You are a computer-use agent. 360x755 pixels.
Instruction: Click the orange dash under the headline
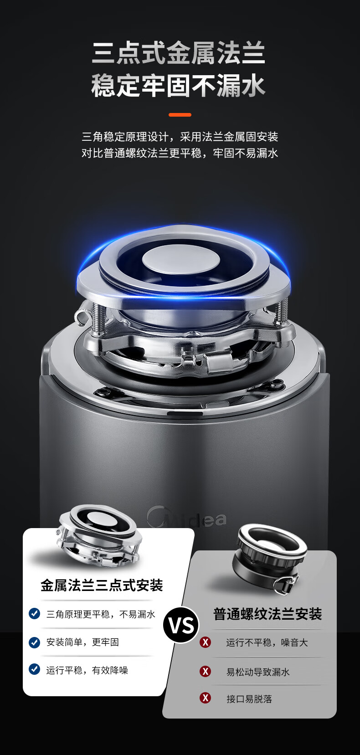[180, 115]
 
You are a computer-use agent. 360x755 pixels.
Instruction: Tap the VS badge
[181, 625]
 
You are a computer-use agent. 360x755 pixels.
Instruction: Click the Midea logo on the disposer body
[186, 518]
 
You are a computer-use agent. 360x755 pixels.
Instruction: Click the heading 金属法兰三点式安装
[102, 586]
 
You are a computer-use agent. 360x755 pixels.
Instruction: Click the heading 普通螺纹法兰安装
[267, 614]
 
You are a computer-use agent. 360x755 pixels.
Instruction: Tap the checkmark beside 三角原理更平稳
[34, 613]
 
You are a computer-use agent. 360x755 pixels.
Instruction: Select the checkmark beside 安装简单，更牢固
[34, 642]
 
